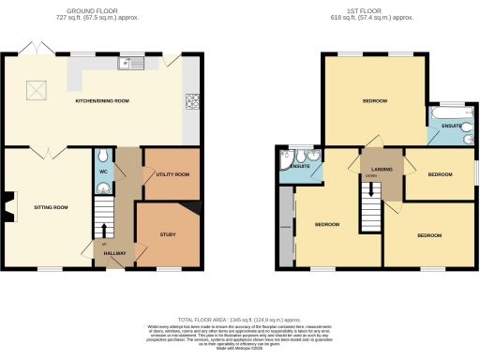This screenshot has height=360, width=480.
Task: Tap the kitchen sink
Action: (127, 64)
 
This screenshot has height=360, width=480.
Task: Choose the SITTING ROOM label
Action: (52, 206)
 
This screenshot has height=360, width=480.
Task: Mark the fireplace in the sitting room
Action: (10, 206)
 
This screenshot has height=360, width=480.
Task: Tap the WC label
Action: (103, 171)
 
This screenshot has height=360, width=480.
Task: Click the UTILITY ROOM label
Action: (171, 174)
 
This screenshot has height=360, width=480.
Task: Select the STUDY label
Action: (168, 234)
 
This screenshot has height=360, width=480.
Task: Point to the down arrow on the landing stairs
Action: (372, 190)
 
